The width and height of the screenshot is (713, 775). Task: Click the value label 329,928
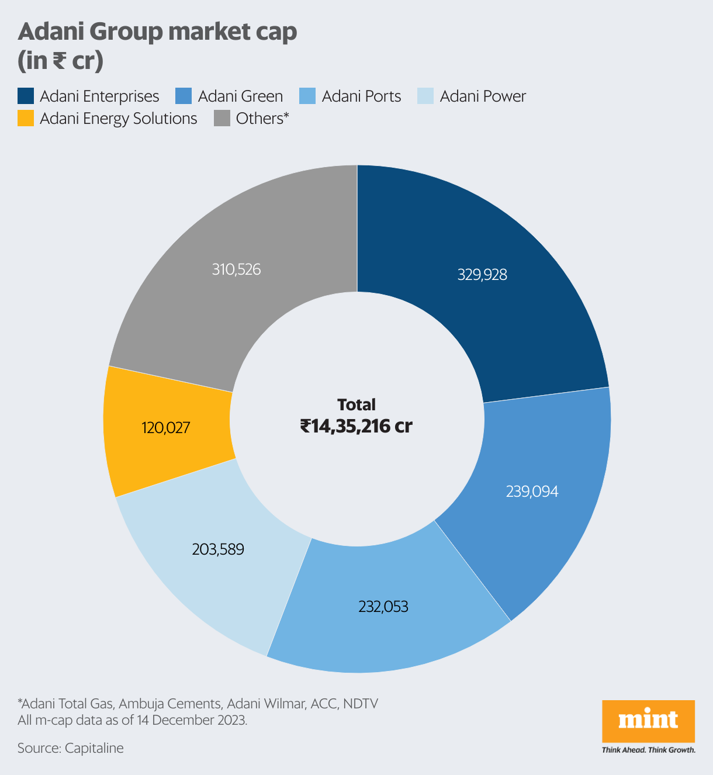click(x=482, y=275)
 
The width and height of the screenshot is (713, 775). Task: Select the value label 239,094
click(x=532, y=492)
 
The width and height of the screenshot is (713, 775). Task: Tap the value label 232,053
click(x=383, y=607)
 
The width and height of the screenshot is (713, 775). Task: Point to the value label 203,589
click(x=218, y=549)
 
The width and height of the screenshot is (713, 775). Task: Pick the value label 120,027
click(x=165, y=428)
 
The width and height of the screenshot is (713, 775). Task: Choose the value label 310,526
click(x=236, y=269)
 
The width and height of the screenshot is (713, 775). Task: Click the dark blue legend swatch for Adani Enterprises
click(x=26, y=96)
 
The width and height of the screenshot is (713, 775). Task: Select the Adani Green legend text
click(x=240, y=96)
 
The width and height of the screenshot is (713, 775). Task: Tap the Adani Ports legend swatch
click(x=307, y=96)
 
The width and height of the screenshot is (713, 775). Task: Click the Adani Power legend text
click(x=483, y=96)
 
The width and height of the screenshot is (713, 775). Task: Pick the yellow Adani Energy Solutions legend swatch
click(x=26, y=119)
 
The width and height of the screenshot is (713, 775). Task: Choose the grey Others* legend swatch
click(x=222, y=119)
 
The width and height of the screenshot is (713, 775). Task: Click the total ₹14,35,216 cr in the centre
click(x=356, y=426)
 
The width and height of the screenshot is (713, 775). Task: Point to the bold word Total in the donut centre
click(x=356, y=404)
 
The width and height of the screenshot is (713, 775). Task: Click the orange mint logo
click(x=648, y=720)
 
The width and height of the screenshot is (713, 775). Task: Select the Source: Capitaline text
click(x=71, y=748)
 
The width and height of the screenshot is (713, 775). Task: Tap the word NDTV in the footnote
click(x=361, y=703)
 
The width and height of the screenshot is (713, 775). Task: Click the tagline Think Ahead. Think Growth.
click(x=648, y=750)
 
